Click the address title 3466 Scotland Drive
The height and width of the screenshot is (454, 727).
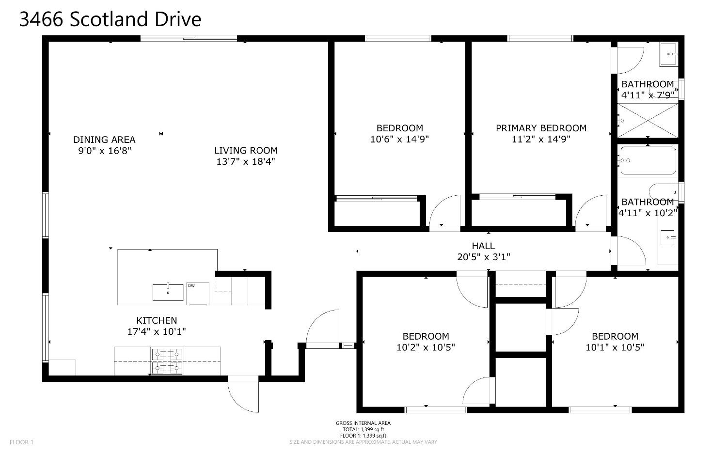tap(110, 19)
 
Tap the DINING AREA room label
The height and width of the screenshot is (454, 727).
tap(104, 140)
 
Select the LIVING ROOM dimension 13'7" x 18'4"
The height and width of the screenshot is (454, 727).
tap(246, 162)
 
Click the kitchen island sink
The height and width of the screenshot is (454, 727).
tap(168, 292)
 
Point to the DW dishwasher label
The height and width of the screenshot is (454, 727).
tap(191, 285)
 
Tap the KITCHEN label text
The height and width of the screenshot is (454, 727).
tap(157, 320)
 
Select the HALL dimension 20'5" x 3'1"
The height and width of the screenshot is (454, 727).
tap(483, 257)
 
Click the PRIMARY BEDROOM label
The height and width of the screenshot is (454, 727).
tap(541, 128)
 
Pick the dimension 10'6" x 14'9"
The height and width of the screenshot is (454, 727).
tap(399, 140)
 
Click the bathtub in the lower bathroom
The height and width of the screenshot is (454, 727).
tap(648, 160)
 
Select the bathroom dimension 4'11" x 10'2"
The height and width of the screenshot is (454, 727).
tap(648, 212)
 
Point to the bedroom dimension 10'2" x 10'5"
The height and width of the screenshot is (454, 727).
tap(426, 347)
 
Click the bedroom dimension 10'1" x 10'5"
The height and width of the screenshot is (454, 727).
tap(615, 347)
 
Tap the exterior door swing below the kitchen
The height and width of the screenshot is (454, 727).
tap(243, 395)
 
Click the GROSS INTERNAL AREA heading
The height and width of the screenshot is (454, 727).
tap(363, 423)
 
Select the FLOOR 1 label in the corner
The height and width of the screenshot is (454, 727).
tap(22, 442)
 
